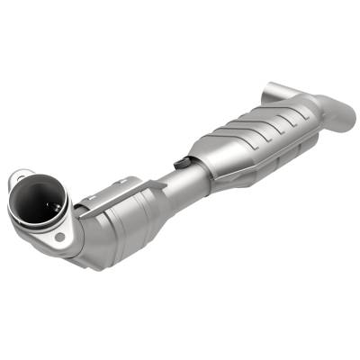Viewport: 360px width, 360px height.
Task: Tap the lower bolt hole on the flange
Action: coord(59,237)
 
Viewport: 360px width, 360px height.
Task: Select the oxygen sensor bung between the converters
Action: coord(180,163)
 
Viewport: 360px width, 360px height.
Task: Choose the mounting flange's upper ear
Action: coord(24,171)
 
